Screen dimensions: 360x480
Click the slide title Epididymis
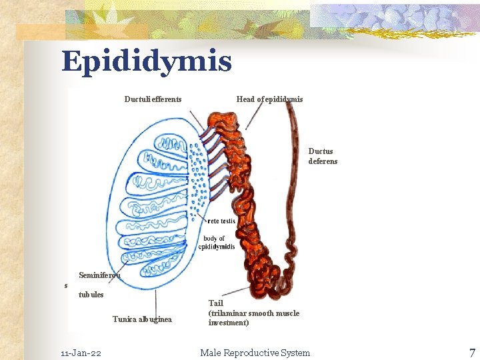[147, 61]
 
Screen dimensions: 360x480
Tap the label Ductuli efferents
[153, 99]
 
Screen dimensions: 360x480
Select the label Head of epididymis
[269, 99]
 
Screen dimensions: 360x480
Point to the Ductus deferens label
[323, 156]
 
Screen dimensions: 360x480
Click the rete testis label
[222, 221]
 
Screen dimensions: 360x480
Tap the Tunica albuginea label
[142, 319]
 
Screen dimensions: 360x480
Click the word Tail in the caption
[216, 303]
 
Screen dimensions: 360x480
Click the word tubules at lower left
[91, 295]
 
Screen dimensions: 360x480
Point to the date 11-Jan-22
[81, 353]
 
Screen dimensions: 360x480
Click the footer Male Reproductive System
[255, 353]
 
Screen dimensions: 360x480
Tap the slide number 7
[471, 353]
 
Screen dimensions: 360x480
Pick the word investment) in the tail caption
[229, 323]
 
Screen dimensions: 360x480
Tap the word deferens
[323, 161]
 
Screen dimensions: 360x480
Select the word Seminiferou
[100, 275]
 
